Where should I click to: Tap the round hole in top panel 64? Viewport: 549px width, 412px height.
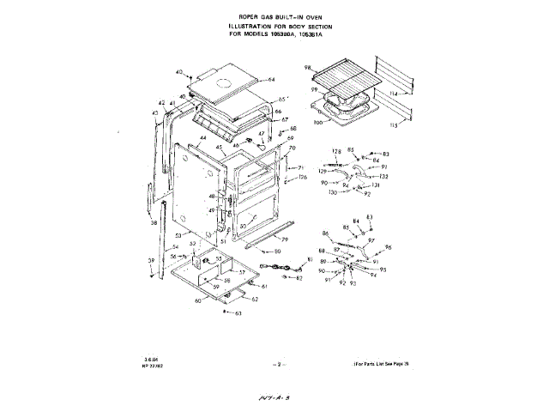[226, 83]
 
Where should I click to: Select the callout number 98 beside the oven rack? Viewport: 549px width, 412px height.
[308, 67]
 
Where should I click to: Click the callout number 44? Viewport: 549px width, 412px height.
[203, 138]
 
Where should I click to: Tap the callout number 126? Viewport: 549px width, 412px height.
[303, 178]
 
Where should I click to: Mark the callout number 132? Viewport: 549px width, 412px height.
[383, 177]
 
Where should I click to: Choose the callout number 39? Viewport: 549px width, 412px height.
[150, 261]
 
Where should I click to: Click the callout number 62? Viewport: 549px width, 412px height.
[254, 299]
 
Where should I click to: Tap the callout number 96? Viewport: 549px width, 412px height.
[388, 247]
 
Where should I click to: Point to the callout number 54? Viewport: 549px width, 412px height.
[174, 246]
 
